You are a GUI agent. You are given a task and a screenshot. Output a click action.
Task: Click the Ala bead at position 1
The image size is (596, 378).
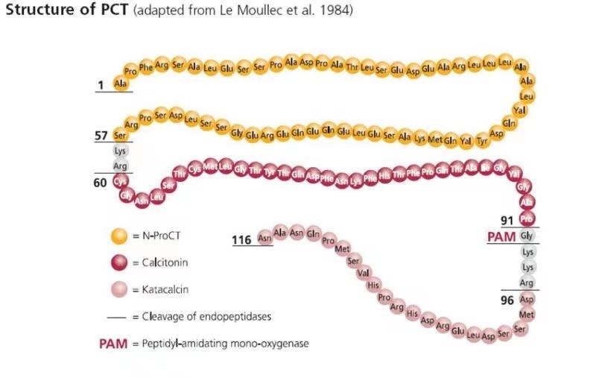coord(120,84)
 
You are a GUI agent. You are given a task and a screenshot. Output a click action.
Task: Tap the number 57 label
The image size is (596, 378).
coord(101,136)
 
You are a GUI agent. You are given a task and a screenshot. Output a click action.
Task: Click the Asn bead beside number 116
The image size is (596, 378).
coord(264,239)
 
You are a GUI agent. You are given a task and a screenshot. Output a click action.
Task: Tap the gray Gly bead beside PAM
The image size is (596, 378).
coord(527,236)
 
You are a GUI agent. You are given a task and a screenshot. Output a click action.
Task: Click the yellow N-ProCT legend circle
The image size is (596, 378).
coord(118,236)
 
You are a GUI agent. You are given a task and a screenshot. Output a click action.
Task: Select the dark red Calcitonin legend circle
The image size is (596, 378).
coord(118,262)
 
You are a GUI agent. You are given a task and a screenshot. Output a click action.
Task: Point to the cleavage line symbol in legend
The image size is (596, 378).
coord(116,316)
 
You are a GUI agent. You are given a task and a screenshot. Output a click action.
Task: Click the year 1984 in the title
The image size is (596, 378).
coord(337,12)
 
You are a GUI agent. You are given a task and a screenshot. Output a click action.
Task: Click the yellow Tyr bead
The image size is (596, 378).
coord(482,139)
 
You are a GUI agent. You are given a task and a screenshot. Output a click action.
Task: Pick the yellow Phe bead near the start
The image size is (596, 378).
coord(146,67)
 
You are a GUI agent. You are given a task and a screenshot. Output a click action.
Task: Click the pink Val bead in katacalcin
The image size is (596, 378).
coord(364,272)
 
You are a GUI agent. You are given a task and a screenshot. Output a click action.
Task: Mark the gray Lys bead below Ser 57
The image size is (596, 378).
coord(120,151)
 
